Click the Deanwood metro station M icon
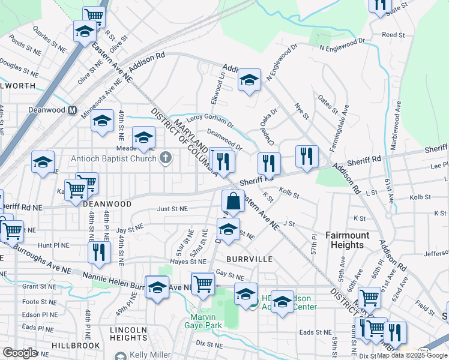[x=72, y=110]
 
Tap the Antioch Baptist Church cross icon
[x=166, y=158]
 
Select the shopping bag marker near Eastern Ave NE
[x=234, y=202]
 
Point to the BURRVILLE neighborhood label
[x=250, y=259]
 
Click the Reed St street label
[x=394, y=35]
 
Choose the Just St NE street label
[x=172, y=209]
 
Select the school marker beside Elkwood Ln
[x=249, y=80]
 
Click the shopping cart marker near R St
[x=94, y=16]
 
